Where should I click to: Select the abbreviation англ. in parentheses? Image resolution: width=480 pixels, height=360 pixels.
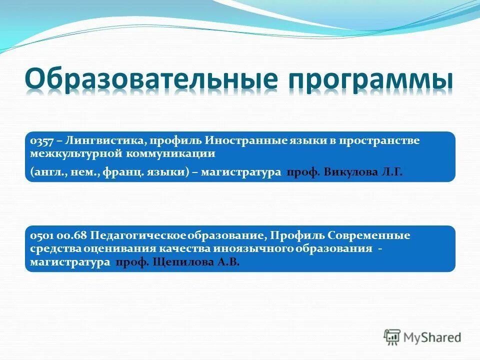46,172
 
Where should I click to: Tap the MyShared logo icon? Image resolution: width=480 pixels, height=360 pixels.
392,337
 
